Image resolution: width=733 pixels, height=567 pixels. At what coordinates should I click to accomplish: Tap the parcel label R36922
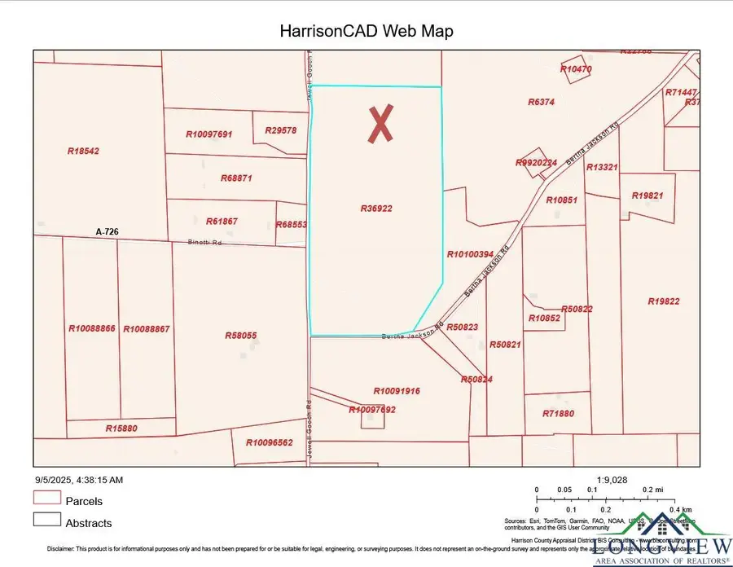[x=376, y=209]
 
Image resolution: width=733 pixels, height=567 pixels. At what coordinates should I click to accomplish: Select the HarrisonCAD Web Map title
[x=366, y=32]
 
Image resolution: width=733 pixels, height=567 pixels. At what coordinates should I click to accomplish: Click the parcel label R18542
[x=83, y=151]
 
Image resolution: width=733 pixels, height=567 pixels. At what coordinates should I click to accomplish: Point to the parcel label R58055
[x=241, y=336]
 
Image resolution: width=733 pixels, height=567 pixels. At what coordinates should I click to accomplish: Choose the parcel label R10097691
[x=209, y=134]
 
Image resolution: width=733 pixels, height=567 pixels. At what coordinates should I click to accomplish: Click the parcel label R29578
[x=281, y=130]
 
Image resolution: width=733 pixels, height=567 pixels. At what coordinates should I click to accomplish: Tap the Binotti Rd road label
[x=205, y=242]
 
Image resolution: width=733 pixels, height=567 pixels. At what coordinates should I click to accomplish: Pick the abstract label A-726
[x=107, y=232]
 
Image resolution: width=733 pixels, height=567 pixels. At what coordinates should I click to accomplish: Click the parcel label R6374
[x=541, y=103]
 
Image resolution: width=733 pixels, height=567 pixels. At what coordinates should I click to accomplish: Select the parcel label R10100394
[x=471, y=255]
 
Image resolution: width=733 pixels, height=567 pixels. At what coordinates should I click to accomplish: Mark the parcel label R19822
[x=664, y=301]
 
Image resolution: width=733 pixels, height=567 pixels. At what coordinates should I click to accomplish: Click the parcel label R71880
[x=559, y=414]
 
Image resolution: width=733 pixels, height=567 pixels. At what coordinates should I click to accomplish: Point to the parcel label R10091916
[x=397, y=391]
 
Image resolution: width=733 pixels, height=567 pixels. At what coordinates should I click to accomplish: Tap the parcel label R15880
[x=121, y=429]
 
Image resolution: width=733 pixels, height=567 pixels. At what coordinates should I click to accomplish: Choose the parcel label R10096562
[x=269, y=442]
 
